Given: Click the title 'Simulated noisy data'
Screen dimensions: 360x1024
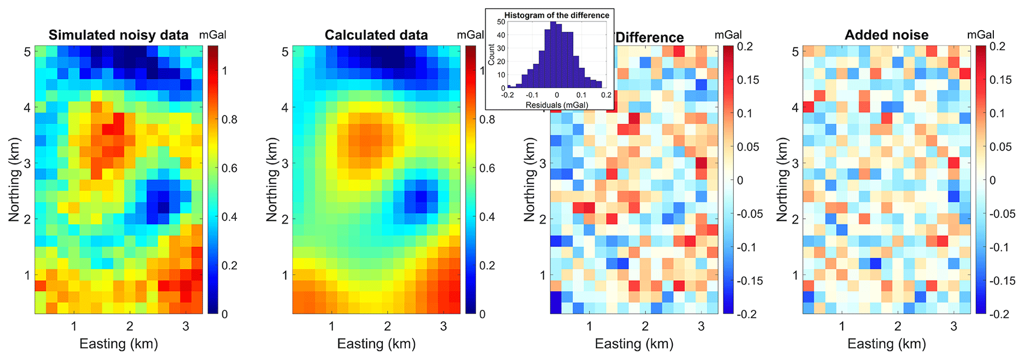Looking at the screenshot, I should [118, 35].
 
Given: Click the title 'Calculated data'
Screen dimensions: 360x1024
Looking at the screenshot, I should [376, 35].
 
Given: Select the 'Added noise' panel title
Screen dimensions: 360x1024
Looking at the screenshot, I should [886, 35].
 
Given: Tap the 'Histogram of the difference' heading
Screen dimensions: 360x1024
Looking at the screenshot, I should [557, 15].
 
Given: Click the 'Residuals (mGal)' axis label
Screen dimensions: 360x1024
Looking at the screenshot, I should [557, 105].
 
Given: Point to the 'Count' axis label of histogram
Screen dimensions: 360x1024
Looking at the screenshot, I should [491, 54].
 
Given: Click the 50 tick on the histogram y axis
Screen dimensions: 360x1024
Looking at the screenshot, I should [501, 22].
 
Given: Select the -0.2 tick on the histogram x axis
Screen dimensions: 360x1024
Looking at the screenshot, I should [507, 95].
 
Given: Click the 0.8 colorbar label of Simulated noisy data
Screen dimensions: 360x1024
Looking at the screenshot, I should [229, 119].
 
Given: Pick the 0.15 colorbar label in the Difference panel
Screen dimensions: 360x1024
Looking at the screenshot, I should [748, 80].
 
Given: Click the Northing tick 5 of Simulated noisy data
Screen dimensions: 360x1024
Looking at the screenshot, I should [27, 51].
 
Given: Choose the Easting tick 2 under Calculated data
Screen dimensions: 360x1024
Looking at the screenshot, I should [387, 326].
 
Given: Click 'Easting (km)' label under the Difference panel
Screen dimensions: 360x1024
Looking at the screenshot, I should [634, 344].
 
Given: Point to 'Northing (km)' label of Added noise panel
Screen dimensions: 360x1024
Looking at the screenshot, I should [782, 179].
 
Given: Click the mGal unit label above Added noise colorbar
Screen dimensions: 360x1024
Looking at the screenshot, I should [980, 35].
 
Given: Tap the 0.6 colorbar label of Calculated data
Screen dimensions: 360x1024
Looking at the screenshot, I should [487, 168].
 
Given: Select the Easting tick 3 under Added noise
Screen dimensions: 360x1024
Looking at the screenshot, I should [954, 326].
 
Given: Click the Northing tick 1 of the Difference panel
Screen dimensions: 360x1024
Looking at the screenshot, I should [542, 275].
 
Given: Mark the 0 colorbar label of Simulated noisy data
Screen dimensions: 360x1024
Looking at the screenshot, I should [225, 314].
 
